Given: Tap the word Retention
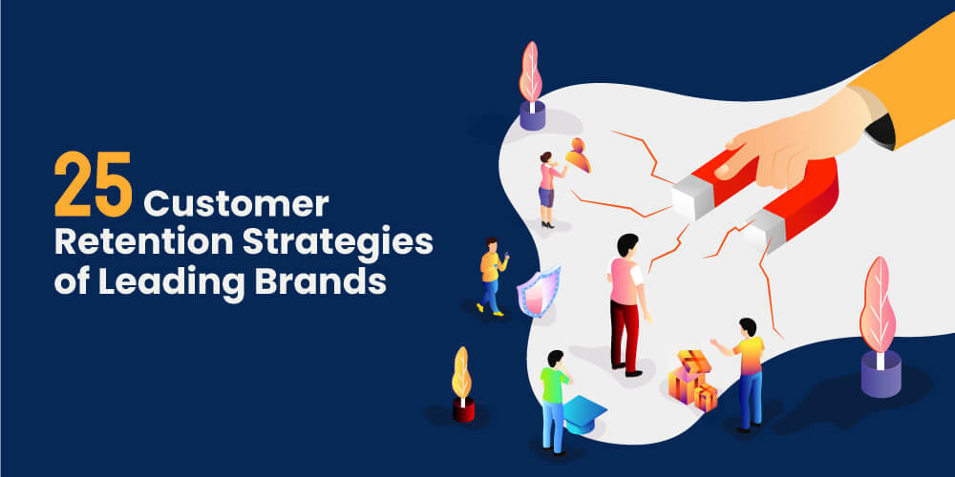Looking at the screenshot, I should coord(123,244).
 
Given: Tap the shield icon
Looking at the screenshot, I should coord(537,291).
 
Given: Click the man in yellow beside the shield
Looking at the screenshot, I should coord(491,276).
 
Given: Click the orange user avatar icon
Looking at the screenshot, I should coord(578,155).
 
